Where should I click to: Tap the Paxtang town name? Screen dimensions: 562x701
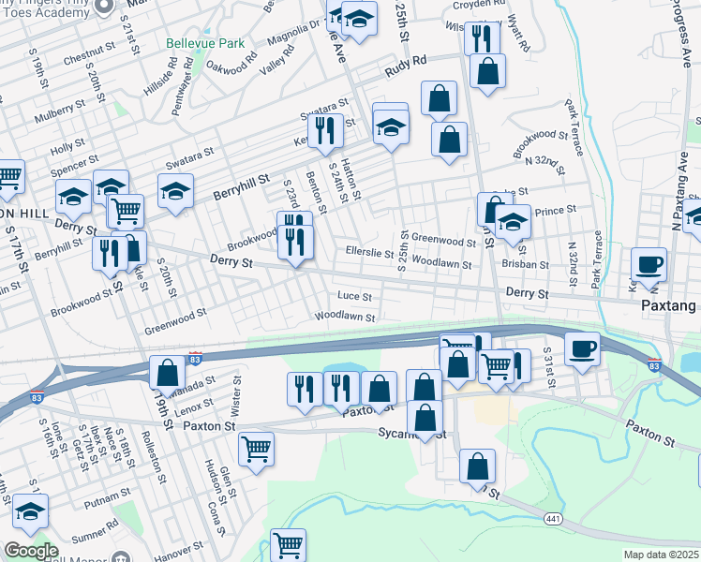669,306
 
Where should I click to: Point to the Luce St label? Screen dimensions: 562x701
354,297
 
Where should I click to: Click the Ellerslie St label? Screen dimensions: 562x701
369,252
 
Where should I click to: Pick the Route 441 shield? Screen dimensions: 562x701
554,517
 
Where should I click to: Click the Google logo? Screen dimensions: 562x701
31,551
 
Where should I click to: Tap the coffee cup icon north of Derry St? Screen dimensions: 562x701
649,263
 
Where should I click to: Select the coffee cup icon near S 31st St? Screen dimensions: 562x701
583,348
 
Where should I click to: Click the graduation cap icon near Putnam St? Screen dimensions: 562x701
30,510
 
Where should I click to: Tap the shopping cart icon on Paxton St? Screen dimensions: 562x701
256,449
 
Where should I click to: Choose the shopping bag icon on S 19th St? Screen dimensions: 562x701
167,373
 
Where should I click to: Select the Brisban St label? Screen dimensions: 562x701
525,265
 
